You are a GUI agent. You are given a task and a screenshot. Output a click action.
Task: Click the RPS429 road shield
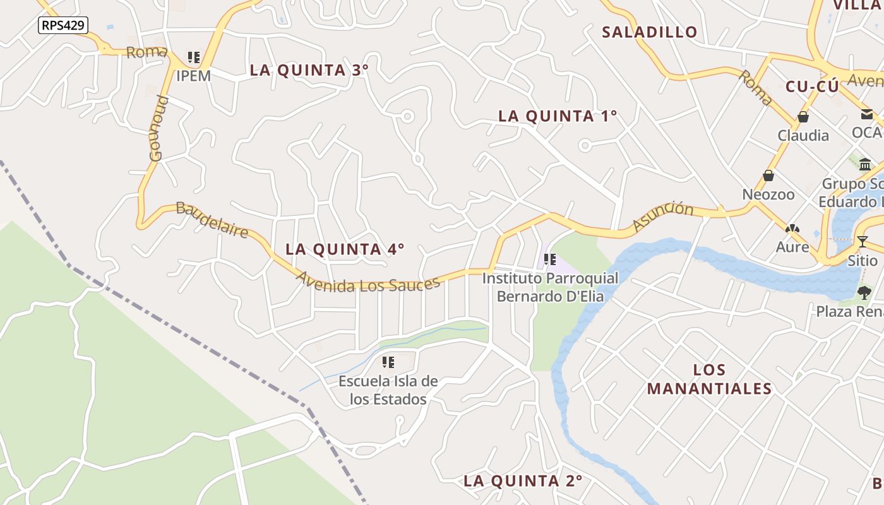click(63, 25)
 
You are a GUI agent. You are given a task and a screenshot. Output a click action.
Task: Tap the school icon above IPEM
click(194, 58)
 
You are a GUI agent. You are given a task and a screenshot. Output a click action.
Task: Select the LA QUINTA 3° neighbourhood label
click(309, 70)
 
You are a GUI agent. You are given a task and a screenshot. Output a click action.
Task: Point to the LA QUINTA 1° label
click(558, 116)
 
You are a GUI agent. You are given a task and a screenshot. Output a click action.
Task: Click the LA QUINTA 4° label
click(345, 249)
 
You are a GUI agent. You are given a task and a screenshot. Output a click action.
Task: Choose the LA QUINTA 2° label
click(523, 481)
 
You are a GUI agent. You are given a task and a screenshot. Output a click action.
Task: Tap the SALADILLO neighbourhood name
click(650, 32)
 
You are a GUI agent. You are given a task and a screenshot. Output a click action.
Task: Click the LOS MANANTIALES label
click(710, 379)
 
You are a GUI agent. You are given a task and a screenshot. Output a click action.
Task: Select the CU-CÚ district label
click(812, 86)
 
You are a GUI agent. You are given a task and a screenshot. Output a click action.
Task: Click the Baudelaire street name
click(212, 220)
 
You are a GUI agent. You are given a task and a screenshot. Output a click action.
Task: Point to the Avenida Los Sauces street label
click(367, 282)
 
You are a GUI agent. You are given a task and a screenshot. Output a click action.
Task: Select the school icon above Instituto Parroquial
click(550, 259)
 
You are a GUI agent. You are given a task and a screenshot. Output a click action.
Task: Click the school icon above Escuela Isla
click(388, 362)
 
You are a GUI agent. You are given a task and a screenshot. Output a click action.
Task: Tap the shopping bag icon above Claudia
click(803, 117)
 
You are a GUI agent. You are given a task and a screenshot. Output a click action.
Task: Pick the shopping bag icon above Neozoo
click(768, 175)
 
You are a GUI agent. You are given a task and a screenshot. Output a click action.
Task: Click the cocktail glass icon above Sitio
click(863, 241)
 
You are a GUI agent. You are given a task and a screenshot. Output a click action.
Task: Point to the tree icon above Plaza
click(864, 292)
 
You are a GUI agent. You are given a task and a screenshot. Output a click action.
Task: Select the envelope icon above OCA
click(866, 114)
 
